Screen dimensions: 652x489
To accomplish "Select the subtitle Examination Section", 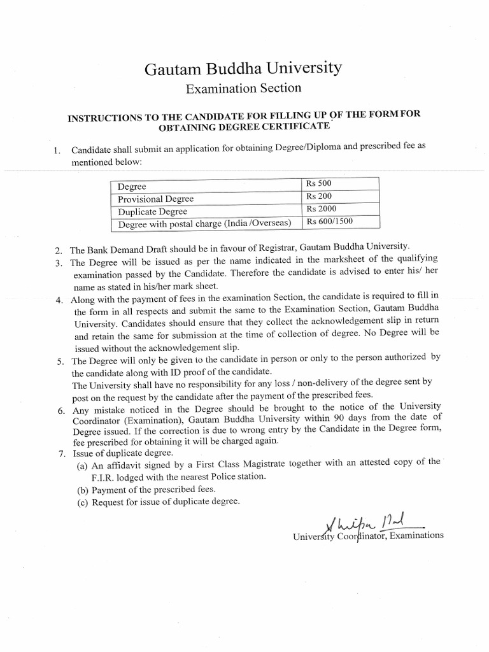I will [243, 89].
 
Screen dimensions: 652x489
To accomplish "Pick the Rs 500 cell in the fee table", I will [319, 184].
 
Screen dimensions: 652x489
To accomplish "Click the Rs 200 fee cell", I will [319, 197].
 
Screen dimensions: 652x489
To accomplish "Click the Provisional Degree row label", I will [155, 199].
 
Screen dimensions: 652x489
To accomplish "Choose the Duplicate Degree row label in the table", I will [152, 211].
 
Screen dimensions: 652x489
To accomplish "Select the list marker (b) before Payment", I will [82, 490].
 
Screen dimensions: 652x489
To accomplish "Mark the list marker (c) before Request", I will [82, 502].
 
